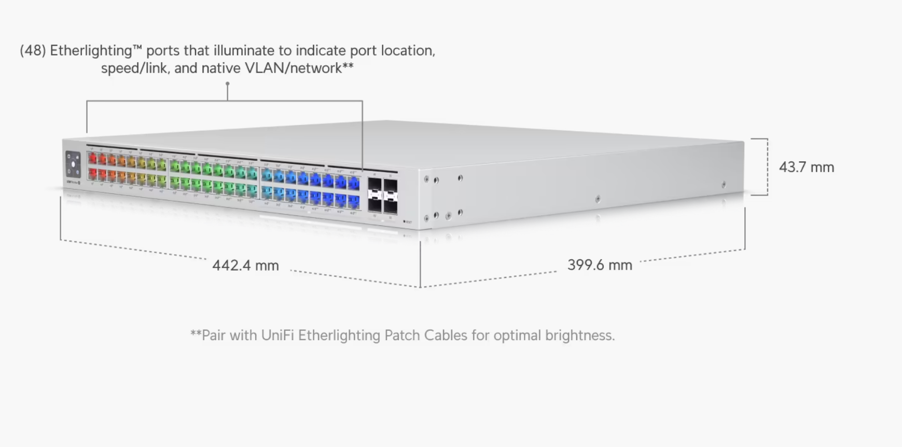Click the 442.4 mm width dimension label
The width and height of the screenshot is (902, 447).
(x=245, y=266)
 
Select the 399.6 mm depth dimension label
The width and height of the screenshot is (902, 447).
(x=600, y=265)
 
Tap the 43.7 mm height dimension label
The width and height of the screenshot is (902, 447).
(x=807, y=167)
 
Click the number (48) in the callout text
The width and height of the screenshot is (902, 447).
(x=33, y=51)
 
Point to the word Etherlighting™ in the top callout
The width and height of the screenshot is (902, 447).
(x=96, y=51)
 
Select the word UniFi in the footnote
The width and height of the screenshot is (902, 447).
(x=277, y=336)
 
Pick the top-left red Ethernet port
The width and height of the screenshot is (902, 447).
(x=93, y=158)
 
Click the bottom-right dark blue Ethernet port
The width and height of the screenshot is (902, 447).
(x=354, y=201)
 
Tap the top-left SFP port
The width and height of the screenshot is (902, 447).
(x=374, y=185)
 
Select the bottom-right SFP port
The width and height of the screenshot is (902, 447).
(x=391, y=206)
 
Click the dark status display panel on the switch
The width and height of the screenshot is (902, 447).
(x=73, y=164)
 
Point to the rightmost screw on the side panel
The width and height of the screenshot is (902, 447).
(x=724, y=185)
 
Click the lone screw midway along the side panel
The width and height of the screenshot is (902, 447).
(x=598, y=199)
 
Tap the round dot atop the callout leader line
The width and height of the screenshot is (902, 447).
(x=227, y=83)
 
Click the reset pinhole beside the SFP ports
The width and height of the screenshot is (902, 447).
(x=405, y=222)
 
